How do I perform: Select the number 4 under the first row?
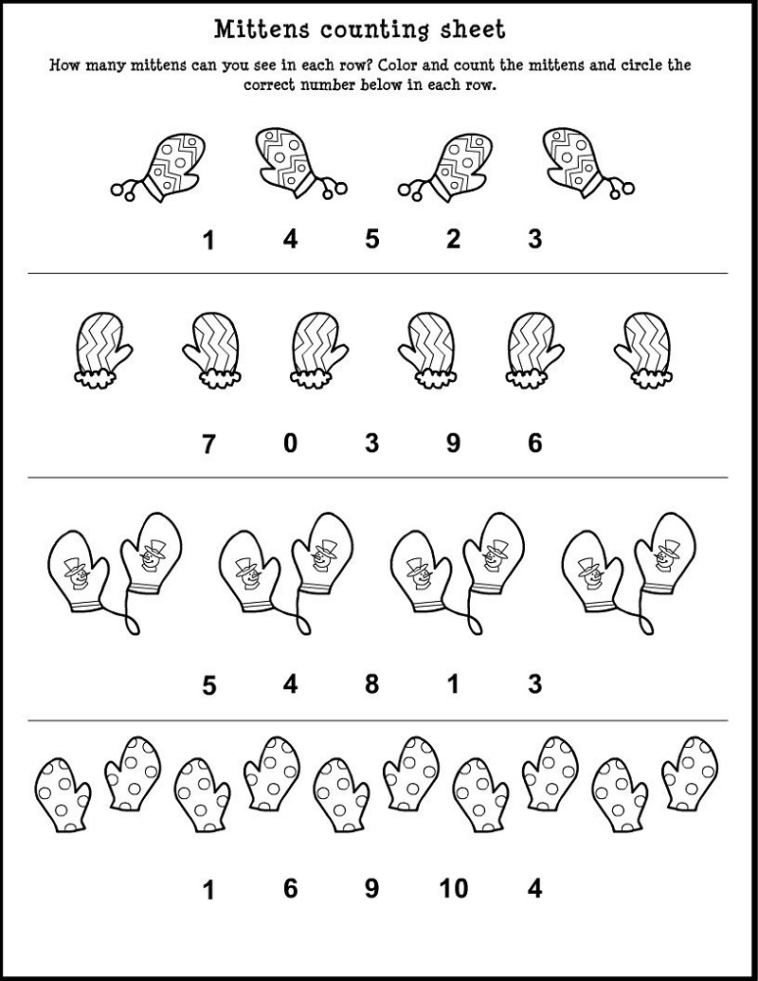[x=290, y=239]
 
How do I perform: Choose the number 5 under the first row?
[x=372, y=239]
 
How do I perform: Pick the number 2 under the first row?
[x=454, y=239]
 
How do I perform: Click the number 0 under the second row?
[x=290, y=444]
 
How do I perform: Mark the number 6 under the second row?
[x=534, y=444]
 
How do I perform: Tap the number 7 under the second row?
[x=208, y=445]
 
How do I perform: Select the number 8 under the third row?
[x=372, y=683]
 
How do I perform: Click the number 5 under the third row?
[x=208, y=685]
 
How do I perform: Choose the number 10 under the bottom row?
[x=454, y=888]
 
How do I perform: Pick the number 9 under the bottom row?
[x=372, y=888]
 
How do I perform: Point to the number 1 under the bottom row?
[x=208, y=890]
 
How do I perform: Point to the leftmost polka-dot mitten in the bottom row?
[x=62, y=794]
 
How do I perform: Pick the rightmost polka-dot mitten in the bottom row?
[x=690, y=774]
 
